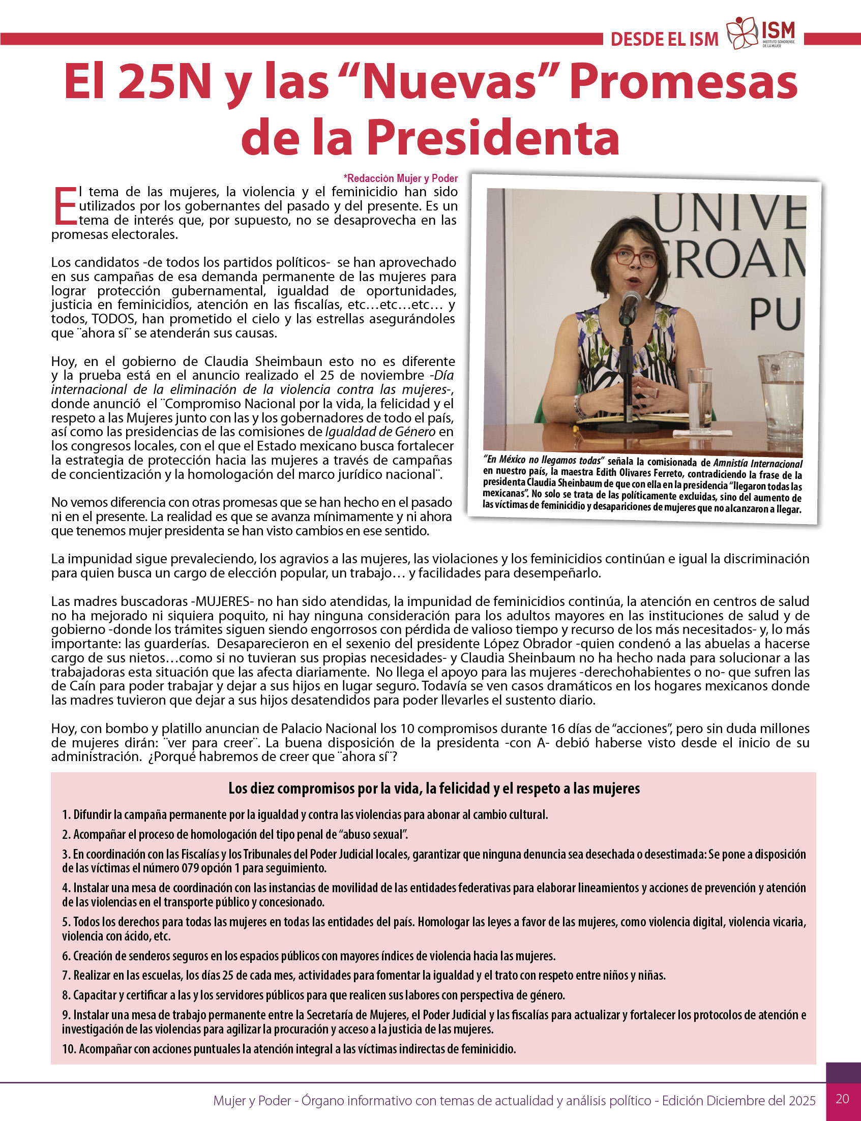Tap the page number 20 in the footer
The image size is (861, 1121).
point(842,1099)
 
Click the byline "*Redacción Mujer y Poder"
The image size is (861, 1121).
point(401,178)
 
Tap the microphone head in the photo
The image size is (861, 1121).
point(631,300)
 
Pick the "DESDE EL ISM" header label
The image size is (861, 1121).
point(664,40)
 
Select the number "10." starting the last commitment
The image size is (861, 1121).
point(69,1049)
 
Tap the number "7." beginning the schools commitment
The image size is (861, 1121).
point(66,975)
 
